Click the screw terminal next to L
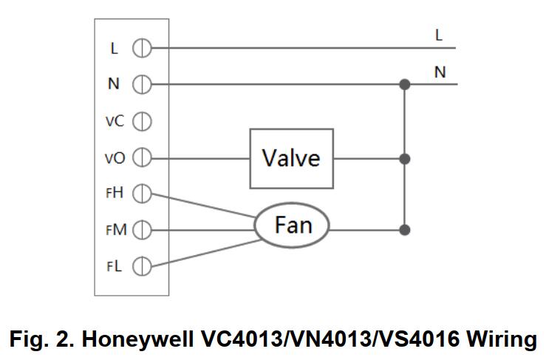point(141,49)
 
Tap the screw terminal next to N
point(141,84)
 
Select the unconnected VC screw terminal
point(141,120)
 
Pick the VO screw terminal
point(141,157)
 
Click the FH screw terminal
point(141,194)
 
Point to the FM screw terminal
point(141,230)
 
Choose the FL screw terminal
point(141,266)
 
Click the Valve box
point(291,158)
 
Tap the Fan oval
point(293,225)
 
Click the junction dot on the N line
point(404,84)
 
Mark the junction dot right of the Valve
point(404,158)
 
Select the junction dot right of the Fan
point(404,230)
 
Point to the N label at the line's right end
point(440,72)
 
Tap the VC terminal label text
point(114,121)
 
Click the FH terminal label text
point(114,194)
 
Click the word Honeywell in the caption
point(138,339)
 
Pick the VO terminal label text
point(114,158)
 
